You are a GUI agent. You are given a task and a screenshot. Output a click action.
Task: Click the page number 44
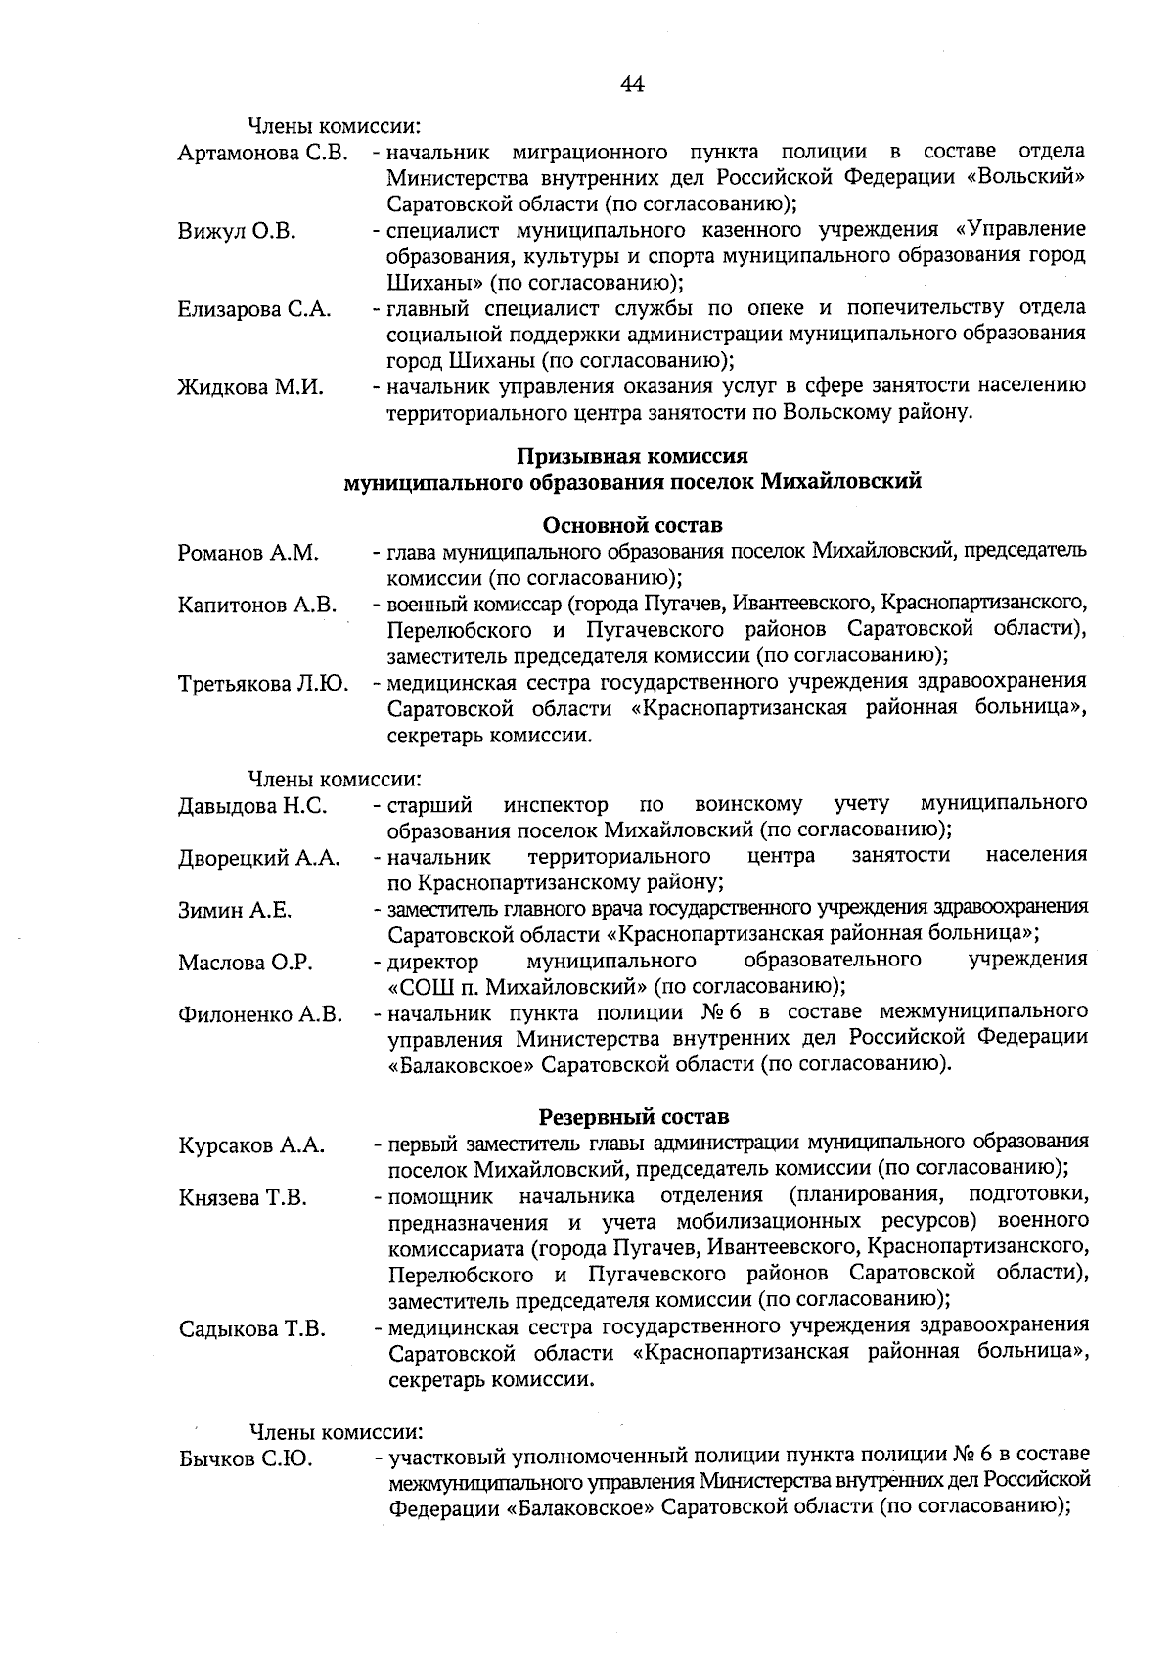pyautogui.click(x=632, y=85)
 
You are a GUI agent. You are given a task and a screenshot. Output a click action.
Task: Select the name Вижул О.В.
pyautogui.click(x=237, y=232)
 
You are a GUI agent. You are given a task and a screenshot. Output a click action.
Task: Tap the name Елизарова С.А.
pyautogui.click(x=254, y=310)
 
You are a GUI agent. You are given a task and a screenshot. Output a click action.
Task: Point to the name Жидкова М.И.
pyautogui.click(x=250, y=387)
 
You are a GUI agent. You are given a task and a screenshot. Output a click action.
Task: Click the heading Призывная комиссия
pyautogui.click(x=632, y=457)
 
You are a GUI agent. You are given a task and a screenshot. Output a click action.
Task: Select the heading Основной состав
pyautogui.click(x=632, y=526)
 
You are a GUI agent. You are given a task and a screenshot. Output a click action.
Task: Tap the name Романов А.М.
pyautogui.click(x=248, y=554)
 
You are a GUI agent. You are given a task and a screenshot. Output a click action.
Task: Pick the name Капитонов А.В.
pyautogui.click(x=257, y=606)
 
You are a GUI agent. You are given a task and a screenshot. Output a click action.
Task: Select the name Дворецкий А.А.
pyautogui.click(x=259, y=859)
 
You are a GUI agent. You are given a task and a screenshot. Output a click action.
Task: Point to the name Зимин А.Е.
pyautogui.click(x=235, y=911)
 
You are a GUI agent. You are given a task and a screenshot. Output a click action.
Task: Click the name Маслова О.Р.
pyautogui.click(x=246, y=964)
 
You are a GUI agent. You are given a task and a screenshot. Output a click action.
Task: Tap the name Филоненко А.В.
pyautogui.click(x=260, y=1015)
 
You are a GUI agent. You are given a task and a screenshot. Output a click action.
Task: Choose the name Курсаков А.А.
pyautogui.click(x=251, y=1145)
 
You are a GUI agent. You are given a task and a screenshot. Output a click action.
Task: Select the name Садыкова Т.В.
pyautogui.click(x=251, y=1329)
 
